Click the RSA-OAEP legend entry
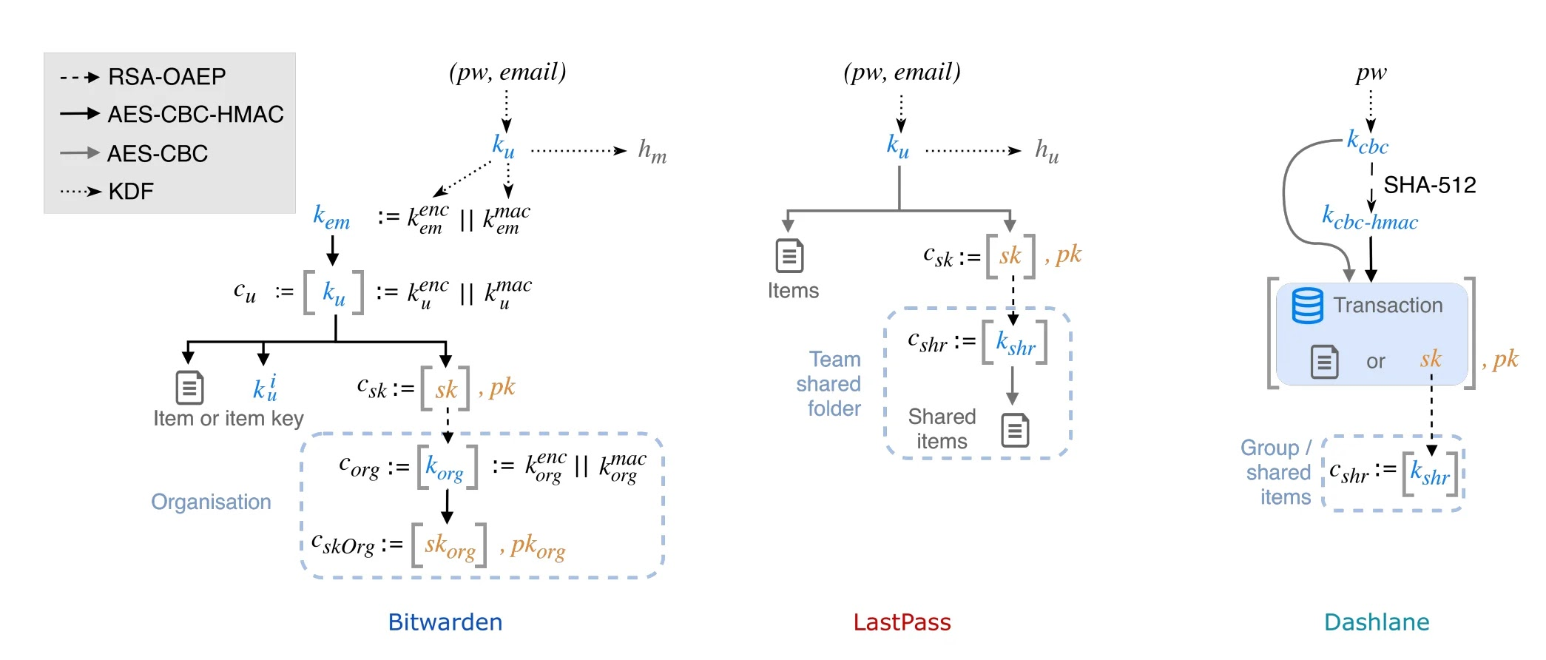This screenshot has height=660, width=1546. [x=166, y=77]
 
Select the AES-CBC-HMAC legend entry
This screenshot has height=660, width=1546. [x=195, y=115]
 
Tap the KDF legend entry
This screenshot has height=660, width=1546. [x=131, y=192]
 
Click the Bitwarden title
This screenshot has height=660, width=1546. [x=445, y=622]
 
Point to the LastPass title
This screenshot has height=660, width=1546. [x=902, y=622]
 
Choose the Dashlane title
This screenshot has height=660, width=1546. [x=1377, y=622]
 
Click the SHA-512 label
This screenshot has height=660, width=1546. [x=1429, y=185]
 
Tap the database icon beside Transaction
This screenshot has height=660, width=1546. [x=1307, y=306]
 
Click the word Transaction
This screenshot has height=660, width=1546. [x=1388, y=306]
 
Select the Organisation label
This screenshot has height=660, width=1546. [x=211, y=502]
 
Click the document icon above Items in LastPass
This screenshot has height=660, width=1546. [x=789, y=256]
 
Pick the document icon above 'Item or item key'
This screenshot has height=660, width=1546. [x=189, y=388]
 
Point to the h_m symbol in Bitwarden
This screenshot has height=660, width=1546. [x=652, y=152]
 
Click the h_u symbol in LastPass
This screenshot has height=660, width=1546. [x=1047, y=152]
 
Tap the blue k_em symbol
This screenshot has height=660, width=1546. [x=331, y=218]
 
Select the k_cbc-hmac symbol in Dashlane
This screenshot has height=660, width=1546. [x=1370, y=218]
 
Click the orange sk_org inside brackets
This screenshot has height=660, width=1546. [x=450, y=547]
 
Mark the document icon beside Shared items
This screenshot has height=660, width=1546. [x=1015, y=430]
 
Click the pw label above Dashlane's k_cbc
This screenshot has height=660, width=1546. [x=1371, y=73]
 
